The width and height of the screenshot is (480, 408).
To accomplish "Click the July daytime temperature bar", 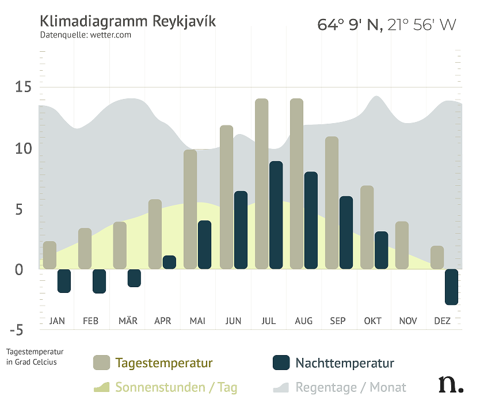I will click(262, 184).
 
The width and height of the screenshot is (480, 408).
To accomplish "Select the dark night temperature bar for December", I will click(452, 287).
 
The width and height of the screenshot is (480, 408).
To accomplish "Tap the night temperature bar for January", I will click(64, 281).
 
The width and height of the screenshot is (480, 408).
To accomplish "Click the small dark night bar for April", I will click(169, 262).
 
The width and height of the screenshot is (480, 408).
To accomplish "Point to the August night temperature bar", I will click(311, 220).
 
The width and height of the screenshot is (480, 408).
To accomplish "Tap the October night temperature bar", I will click(381, 250).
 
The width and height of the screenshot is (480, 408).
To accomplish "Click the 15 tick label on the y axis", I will click(23, 87).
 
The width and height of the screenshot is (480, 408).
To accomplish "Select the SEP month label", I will click(338, 321).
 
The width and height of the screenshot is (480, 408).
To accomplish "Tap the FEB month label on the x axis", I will click(91, 321).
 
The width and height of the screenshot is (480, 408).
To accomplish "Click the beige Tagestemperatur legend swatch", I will click(101, 363).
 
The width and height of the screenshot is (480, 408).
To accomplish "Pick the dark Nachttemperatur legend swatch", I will click(281, 363).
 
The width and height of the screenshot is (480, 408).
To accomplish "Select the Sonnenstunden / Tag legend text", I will click(176, 387).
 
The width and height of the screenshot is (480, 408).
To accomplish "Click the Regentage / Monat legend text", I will click(351, 387).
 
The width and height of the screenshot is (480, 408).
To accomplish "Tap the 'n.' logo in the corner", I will click(449, 384).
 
